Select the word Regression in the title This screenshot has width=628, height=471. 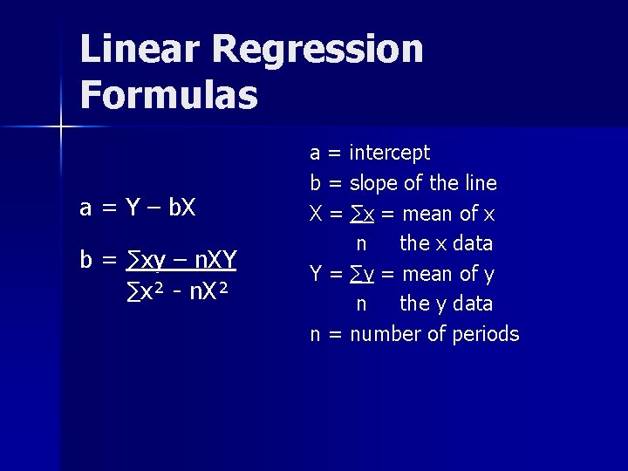(317, 51)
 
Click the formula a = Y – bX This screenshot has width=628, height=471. (138, 208)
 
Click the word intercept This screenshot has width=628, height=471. (390, 153)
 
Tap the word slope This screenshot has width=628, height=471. (375, 183)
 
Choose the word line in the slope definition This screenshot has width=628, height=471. (481, 183)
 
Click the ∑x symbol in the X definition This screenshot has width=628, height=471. (363, 214)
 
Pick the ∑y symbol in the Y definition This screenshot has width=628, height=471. (363, 274)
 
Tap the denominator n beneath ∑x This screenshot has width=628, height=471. (360, 243)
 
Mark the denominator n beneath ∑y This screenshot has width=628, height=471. (360, 304)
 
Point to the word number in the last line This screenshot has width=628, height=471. (385, 334)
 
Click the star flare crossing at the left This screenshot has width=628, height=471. (61, 127)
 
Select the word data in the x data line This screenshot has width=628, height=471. (472, 243)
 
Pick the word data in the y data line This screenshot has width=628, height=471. (472, 304)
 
